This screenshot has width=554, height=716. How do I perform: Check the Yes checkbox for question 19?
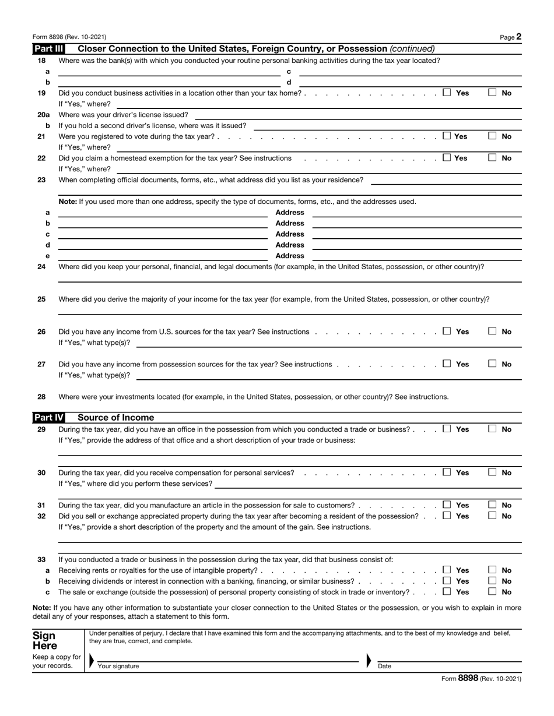(x=447, y=92)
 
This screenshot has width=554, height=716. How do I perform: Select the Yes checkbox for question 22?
(x=447, y=157)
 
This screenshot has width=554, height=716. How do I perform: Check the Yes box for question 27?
(x=447, y=364)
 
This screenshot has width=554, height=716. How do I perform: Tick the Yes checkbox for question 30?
(x=447, y=472)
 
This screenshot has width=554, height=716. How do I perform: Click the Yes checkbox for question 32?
(x=447, y=516)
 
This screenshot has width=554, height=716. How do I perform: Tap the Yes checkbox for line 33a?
(x=447, y=570)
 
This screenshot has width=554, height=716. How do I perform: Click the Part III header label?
(x=49, y=49)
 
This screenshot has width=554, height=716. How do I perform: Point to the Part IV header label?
(x=49, y=418)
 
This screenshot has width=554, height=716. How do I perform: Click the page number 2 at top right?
(x=518, y=37)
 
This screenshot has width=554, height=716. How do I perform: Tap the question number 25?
(x=41, y=299)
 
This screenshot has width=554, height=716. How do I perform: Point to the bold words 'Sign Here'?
(x=45, y=641)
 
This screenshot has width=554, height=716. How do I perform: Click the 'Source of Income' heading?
(x=116, y=418)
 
